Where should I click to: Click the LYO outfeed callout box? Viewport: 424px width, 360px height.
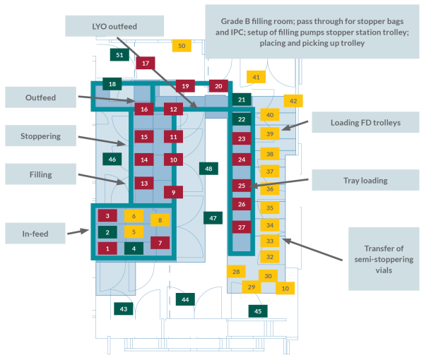(114, 26)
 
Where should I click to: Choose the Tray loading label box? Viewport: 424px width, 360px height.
(358, 181)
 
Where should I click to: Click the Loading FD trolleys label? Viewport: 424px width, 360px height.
(365, 123)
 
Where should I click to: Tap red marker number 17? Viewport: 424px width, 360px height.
(145, 64)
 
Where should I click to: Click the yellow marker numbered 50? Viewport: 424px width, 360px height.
(182, 46)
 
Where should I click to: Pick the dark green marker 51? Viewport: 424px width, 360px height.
(119, 55)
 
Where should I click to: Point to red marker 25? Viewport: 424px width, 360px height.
(242, 186)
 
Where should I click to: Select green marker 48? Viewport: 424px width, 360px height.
(208, 169)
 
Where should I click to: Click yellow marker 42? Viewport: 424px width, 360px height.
(293, 101)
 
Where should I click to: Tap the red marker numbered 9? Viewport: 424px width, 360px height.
(173, 191)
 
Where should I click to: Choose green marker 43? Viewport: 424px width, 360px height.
(123, 308)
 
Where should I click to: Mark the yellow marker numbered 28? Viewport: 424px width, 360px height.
(236, 271)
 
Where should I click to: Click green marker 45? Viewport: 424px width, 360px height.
(258, 311)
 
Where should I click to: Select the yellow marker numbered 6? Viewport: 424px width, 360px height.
(133, 215)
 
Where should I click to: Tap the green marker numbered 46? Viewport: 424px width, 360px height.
(112, 160)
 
